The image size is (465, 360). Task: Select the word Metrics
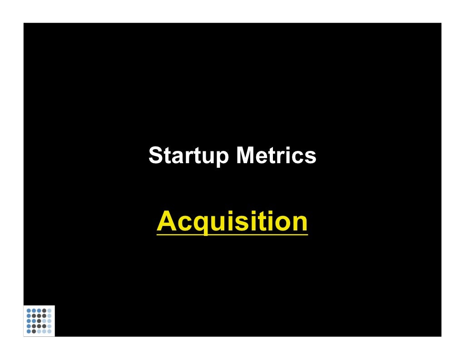point(276,156)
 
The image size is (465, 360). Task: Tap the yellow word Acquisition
point(232,222)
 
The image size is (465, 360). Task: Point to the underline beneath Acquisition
point(232,235)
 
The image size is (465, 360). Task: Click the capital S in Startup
point(155,156)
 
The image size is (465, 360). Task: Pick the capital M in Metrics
point(245,156)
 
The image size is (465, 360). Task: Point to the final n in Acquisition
point(298,222)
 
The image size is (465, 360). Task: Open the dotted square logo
point(39,321)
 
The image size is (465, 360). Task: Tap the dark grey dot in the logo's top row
point(44,310)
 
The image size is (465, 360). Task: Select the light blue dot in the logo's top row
point(49,310)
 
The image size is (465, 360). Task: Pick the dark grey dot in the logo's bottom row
point(34,331)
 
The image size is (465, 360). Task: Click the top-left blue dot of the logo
point(29,310)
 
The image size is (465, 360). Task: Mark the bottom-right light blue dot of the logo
point(49,331)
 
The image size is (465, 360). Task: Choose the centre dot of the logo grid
point(39,321)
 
